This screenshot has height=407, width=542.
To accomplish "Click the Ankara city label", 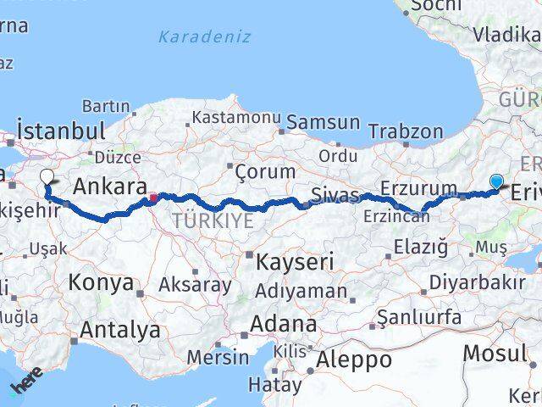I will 110,186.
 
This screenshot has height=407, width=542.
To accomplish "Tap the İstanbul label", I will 61,131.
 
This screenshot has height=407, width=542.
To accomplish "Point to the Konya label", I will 101,282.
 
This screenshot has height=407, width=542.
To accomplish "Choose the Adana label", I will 284,324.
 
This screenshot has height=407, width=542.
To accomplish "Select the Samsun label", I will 323,122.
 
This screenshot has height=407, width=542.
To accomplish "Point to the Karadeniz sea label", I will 204,36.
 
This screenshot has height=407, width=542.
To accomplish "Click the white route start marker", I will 47,177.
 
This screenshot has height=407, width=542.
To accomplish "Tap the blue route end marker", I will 496,180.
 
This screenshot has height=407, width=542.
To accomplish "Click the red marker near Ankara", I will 153,199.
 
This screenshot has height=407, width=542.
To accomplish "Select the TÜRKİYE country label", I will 213,220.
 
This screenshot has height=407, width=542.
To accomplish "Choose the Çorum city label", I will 266,170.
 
